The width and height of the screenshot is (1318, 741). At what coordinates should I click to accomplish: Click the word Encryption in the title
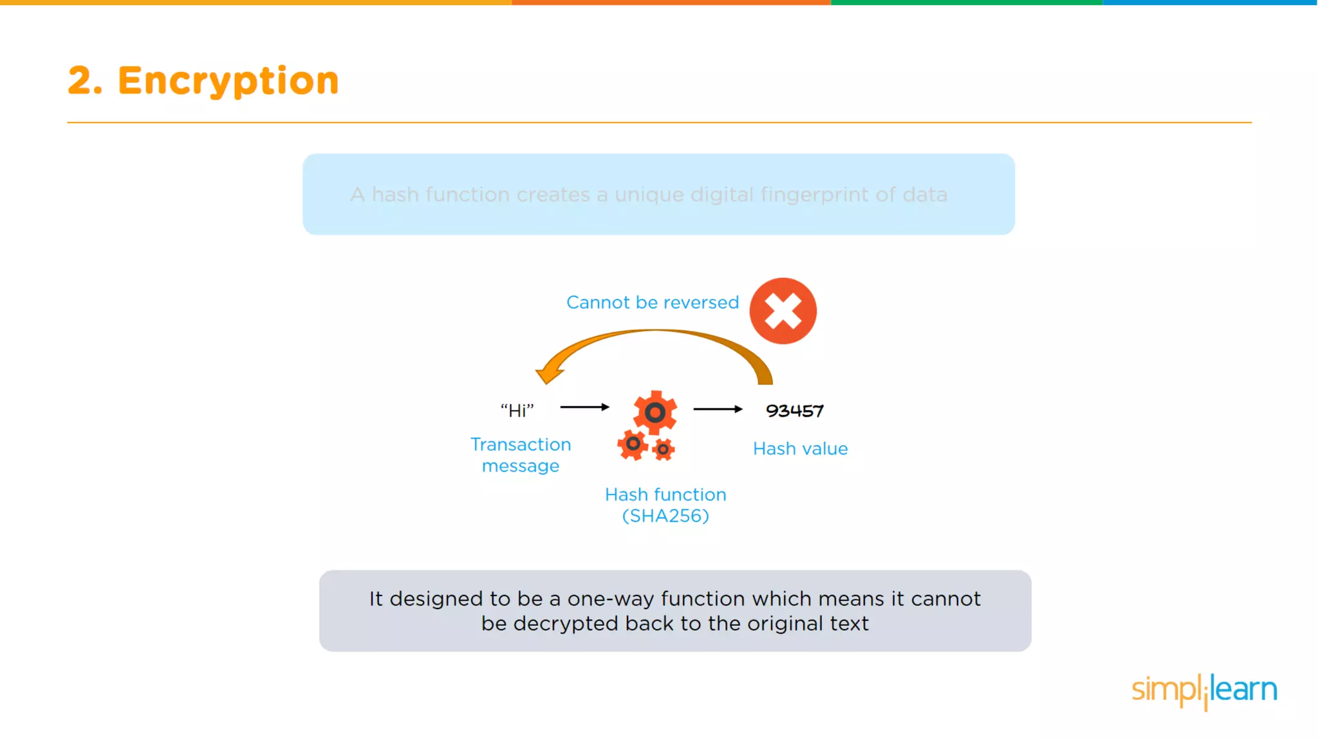(228, 81)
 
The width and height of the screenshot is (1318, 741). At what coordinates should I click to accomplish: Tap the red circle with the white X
(783, 311)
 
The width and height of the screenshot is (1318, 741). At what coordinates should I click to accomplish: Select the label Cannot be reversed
(652, 302)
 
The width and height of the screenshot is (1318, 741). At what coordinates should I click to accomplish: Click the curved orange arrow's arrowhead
(548, 371)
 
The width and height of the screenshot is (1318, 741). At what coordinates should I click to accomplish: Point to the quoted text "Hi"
(517, 410)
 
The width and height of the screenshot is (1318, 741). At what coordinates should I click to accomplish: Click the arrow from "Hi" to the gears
(584, 407)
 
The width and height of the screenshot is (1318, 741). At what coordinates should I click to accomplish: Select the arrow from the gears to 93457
(718, 409)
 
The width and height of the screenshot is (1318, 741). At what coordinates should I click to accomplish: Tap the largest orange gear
(654, 412)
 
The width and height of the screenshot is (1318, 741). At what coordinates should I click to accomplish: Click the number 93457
(795, 411)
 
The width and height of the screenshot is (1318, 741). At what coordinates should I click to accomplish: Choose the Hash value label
(800, 448)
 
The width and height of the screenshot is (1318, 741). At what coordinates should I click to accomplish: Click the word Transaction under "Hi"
(521, 444)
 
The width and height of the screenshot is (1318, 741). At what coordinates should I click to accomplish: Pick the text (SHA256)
(665, 516)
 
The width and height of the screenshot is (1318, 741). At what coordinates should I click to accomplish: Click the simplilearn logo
(1204, 691)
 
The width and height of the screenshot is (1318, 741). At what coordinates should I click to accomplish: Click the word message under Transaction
(521, 466)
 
